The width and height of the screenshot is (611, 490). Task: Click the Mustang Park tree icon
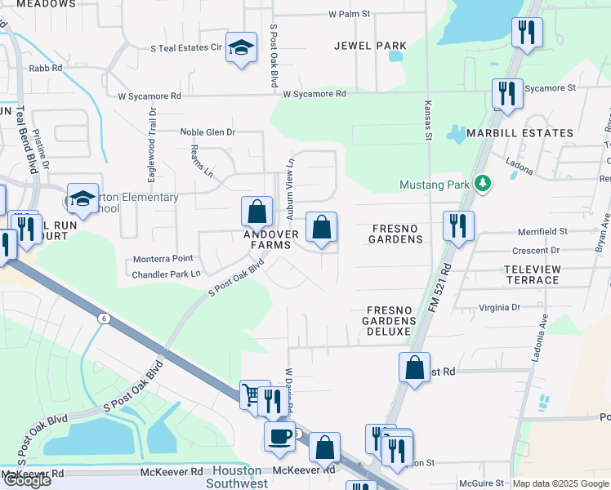pos(483,184)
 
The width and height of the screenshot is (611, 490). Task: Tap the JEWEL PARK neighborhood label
pos(370,46)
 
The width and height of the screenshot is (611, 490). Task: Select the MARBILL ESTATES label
pos(520,133)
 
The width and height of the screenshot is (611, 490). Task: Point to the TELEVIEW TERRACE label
pos(532,274)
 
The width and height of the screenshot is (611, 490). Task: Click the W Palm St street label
pos(350,14)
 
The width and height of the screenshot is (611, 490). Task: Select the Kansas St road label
pos(427,119)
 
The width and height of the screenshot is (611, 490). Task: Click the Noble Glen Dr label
pos(207,131)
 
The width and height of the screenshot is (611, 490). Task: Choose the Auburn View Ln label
pos(289,189)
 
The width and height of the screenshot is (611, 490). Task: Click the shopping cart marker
pos(252,394)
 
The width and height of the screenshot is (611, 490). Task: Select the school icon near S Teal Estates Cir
pos(241,48)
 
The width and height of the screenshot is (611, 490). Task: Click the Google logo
pos(27,480)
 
